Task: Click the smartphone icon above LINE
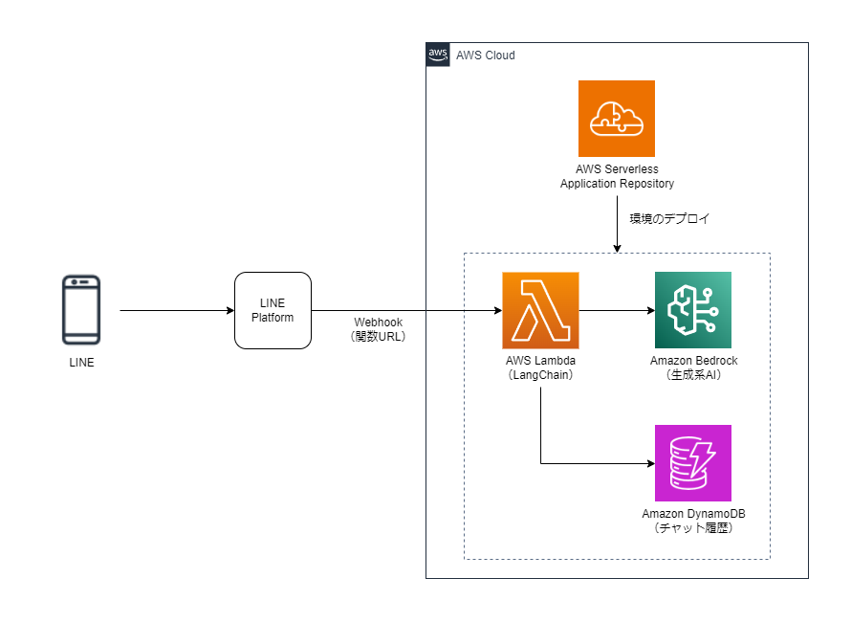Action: point(81,310)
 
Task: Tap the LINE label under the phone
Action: point(81,363)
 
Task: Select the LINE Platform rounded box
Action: point(273,310)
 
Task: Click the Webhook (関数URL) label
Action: point(380,329)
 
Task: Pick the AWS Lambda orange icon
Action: point(540,310)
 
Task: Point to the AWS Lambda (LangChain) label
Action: point(540,367)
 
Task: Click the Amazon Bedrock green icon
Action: point(693,310)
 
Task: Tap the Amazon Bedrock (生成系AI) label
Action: point(693,367)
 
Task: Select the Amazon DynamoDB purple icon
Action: point(693,463)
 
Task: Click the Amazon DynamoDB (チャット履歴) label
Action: point(693,521)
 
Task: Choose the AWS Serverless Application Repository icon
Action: point(617,119)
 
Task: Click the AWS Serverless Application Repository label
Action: point(617,176)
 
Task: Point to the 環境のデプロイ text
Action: point(669,219)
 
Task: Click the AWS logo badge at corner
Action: point(438,55)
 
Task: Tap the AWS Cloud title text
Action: point(486,56)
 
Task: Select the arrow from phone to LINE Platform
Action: point(177,310)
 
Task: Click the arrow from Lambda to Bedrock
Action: point(617,310)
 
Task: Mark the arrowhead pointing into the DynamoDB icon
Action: point(650,463)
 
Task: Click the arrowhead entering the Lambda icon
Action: point(497,310)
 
